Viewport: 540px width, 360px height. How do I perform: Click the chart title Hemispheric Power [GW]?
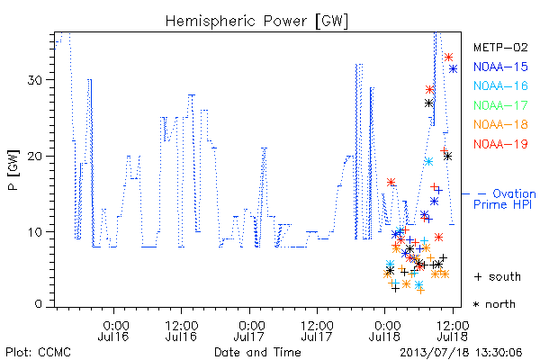tap(256, 22)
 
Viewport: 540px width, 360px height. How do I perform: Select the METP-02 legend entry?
tap(500, 47)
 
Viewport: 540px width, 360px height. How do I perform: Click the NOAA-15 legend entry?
tap(500, 67)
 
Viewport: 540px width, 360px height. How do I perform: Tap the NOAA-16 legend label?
tap(500, 85)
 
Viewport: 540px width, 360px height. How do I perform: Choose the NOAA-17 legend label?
tap(500, 105)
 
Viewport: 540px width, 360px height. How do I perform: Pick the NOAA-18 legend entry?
tap(500, 124)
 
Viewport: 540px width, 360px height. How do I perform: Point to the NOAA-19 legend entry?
tap(500, 144)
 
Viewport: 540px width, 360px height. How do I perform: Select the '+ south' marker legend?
tap(498, 276)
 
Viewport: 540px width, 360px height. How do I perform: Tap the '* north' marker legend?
tap(494, 304)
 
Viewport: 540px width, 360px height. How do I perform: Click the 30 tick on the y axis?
tap(34, 80)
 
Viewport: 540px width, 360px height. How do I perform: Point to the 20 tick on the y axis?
tap(34, 156)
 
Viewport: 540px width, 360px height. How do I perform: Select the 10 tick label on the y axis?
tap(34, 232)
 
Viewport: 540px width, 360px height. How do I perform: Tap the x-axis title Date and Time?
tap(257, 352)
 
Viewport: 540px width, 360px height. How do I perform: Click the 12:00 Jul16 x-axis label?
tap(181, 330)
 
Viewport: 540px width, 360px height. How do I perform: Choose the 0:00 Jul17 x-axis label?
tap(249, 330)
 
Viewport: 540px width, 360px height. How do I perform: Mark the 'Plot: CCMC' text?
tap(38, 352)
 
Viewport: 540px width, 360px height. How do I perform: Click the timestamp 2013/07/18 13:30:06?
tap(461, 352)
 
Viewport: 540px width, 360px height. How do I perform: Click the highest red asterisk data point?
tap(448, 58)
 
